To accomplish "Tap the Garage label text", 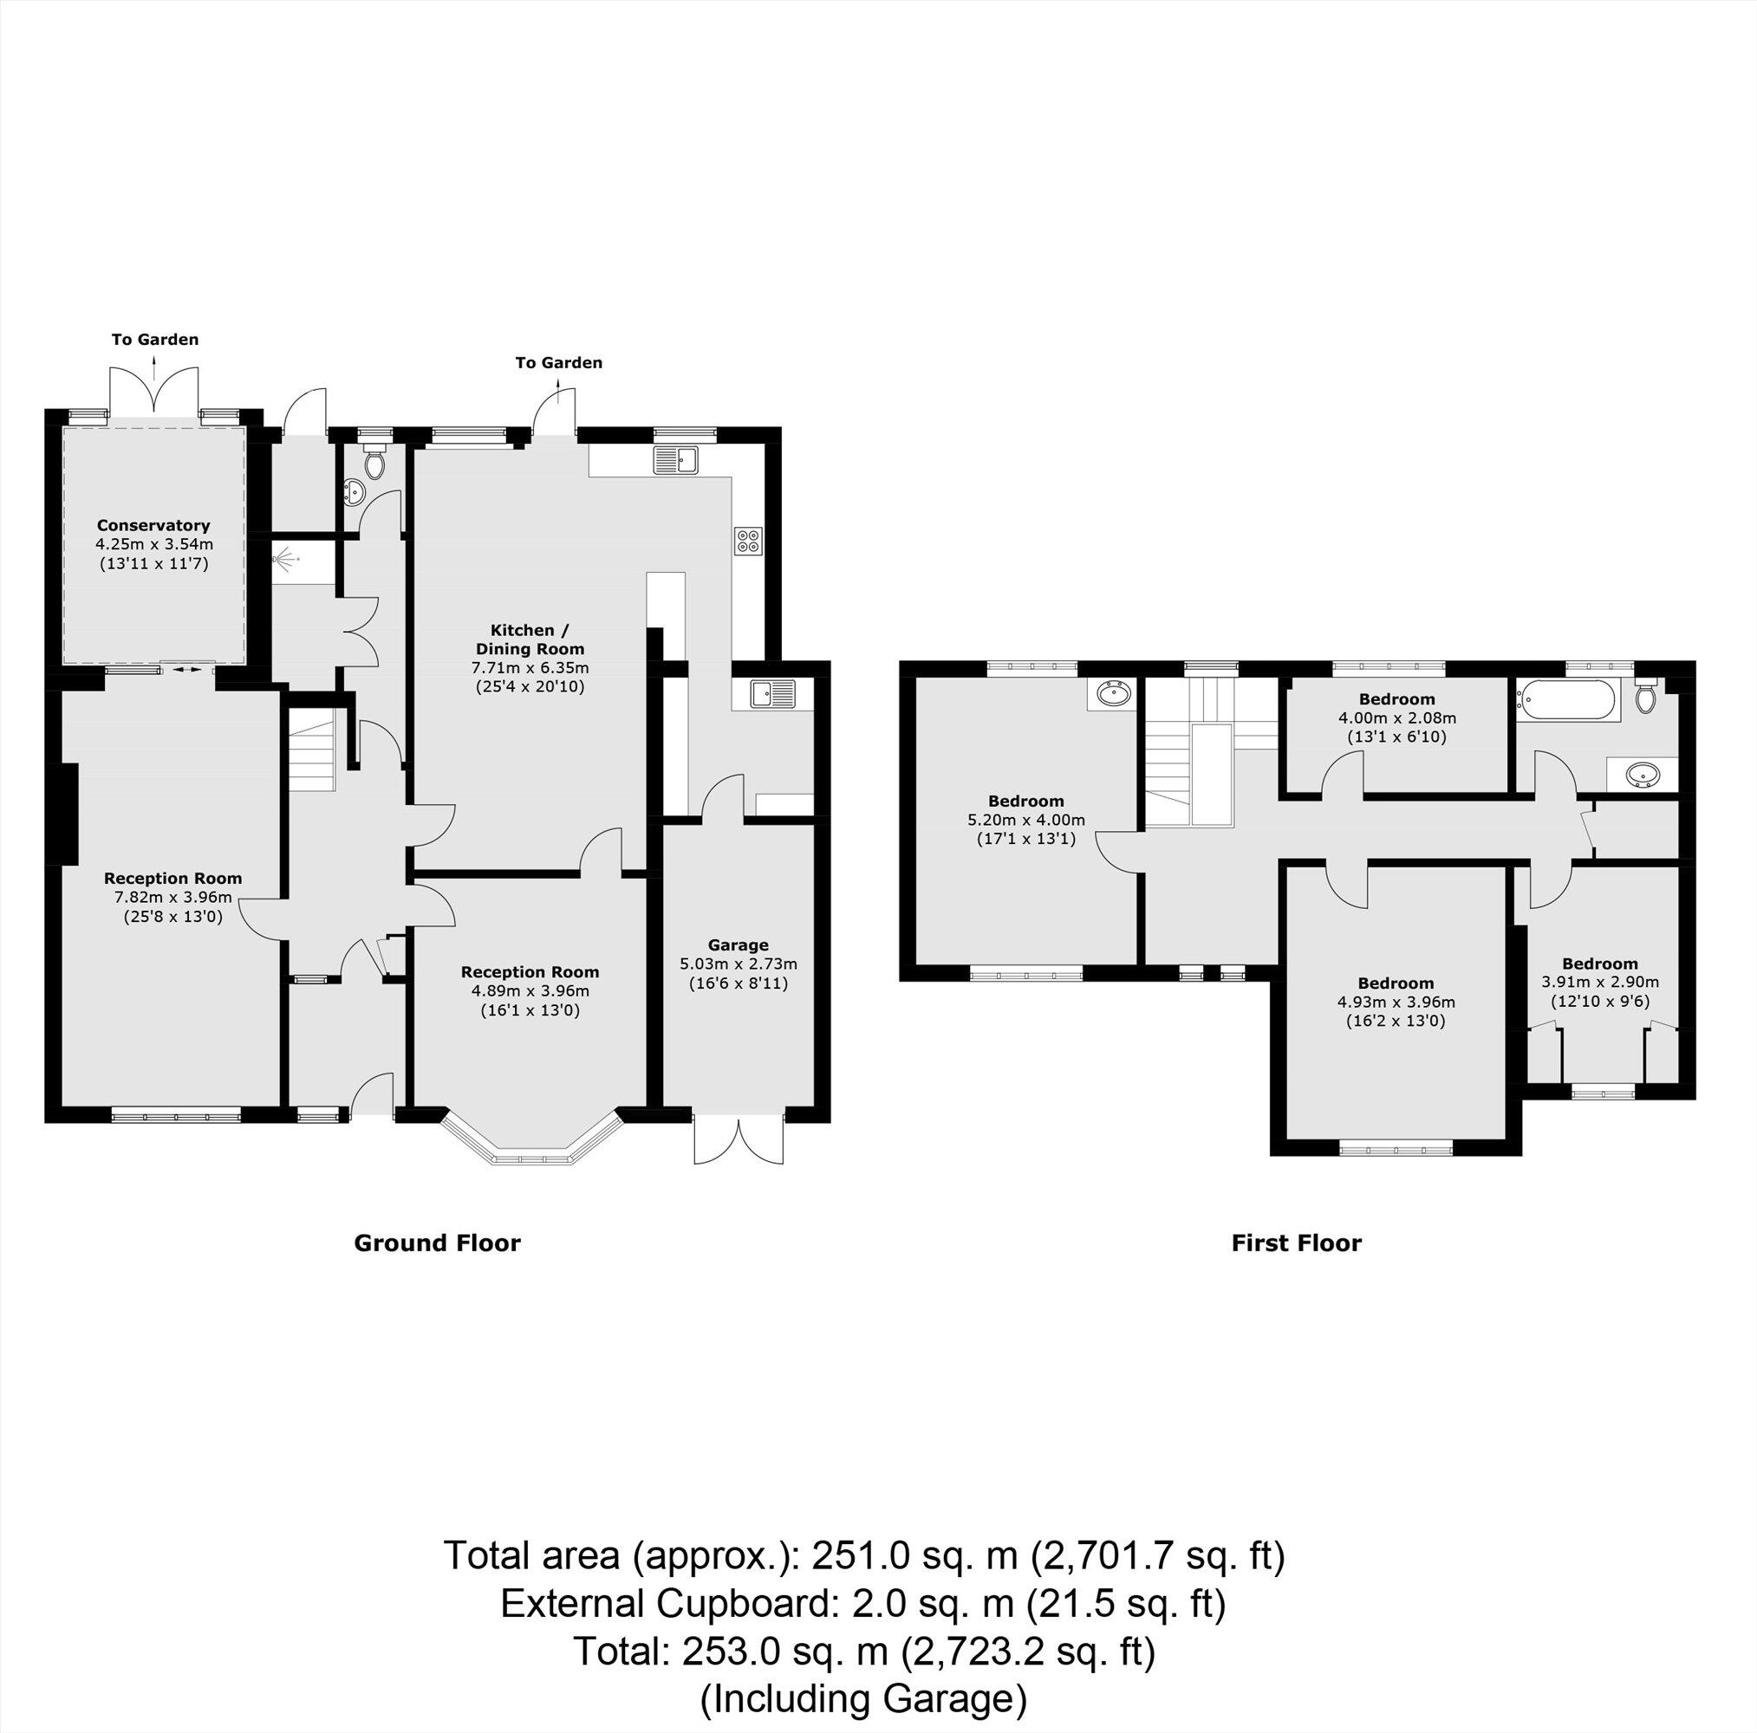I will click(739, 944).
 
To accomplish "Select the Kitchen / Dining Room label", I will click(530, 639).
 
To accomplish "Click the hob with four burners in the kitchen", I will click(747, 541).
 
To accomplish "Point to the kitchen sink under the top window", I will click(674, 460).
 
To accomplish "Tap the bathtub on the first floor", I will click(1565, 702).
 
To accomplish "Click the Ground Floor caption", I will click(437, 1243).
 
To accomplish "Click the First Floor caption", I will click(1296, 1243).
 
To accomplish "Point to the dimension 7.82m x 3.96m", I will click(172, 898).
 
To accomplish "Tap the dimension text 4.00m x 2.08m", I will click(1396, 717).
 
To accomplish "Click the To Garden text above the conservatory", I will click(154, 339).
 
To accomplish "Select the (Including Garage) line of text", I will click(863, 1698).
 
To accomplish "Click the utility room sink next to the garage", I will click(771, 695).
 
